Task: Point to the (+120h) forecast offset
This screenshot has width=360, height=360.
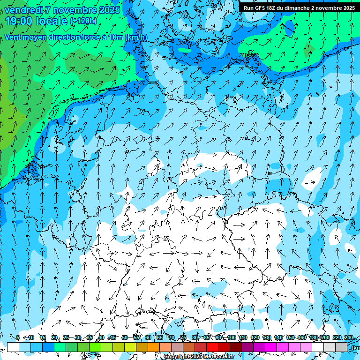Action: [83, 21]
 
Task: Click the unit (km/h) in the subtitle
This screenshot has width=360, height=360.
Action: [136, 37]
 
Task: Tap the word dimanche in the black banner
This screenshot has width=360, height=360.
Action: [296, 8]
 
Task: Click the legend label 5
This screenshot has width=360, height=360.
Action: [18, 337]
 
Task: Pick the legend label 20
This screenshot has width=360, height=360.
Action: [54, 337]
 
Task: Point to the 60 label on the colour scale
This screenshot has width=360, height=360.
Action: [148, 337]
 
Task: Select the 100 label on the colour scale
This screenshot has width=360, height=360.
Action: [232, 337]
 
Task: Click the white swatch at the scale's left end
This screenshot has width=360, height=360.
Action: [13, 347]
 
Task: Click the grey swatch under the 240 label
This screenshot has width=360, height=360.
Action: [341, 347]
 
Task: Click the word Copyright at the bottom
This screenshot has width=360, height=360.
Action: [177, 357]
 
